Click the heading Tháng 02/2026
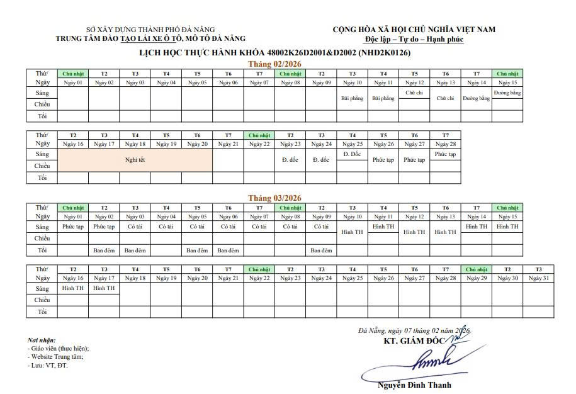pos(274,64)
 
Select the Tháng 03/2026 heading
pos(274,198)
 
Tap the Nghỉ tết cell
pos(135,160)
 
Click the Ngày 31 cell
pos(539,278)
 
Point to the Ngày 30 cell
pos(507,278)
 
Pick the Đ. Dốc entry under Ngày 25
pos(352,154)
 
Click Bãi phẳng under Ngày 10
pos(352,98)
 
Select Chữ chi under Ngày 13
pos(445,98)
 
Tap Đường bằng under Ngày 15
pos(507,93)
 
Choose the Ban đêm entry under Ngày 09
pos(321,250)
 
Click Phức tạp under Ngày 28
pos(445,154)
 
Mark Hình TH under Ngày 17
pos(104,288)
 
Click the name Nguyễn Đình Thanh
pos(414,385)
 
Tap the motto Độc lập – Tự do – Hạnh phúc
pos(414,39)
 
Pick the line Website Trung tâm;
pos(57,357)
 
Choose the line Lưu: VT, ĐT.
pos(48,365)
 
